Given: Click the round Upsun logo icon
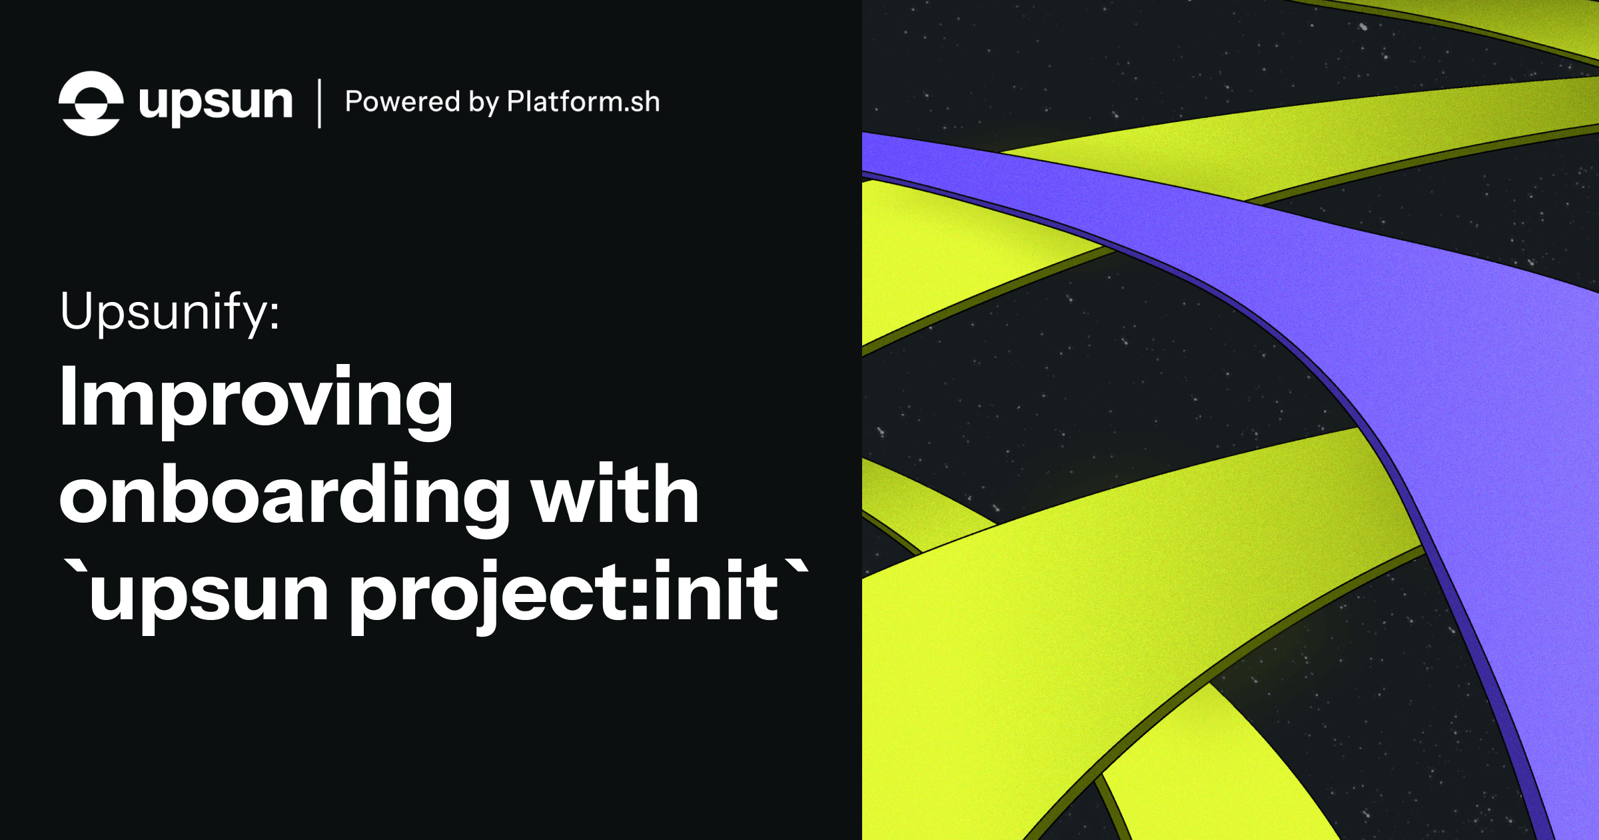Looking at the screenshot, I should click(91, 103).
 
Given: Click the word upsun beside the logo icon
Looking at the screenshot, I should click(215, 103).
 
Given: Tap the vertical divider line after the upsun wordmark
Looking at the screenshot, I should click(320, 103).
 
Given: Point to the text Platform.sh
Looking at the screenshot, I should click(583, 102).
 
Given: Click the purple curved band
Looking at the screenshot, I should click(1432, 333).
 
